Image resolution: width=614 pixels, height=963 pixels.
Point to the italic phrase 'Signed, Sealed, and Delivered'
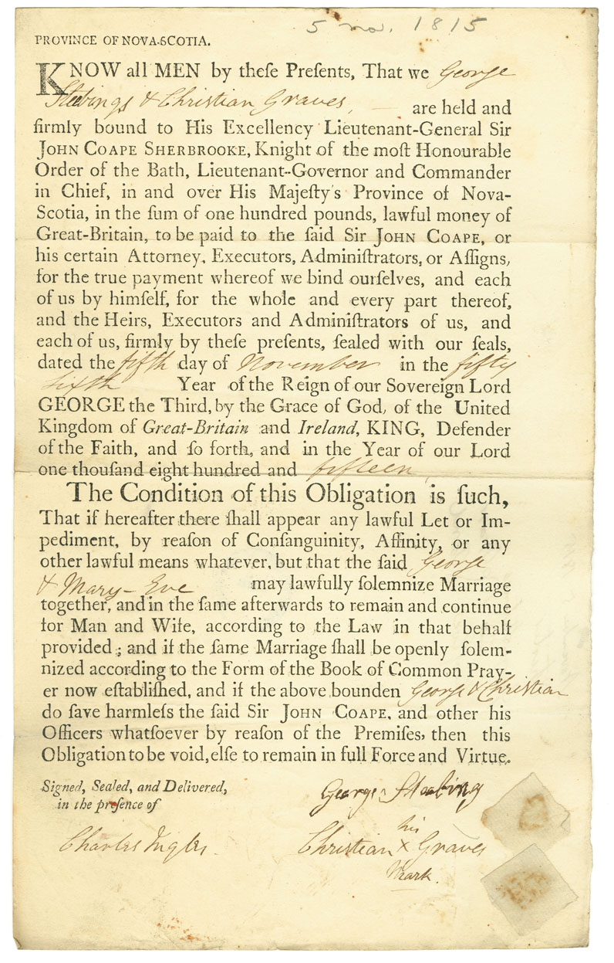point(134,786)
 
